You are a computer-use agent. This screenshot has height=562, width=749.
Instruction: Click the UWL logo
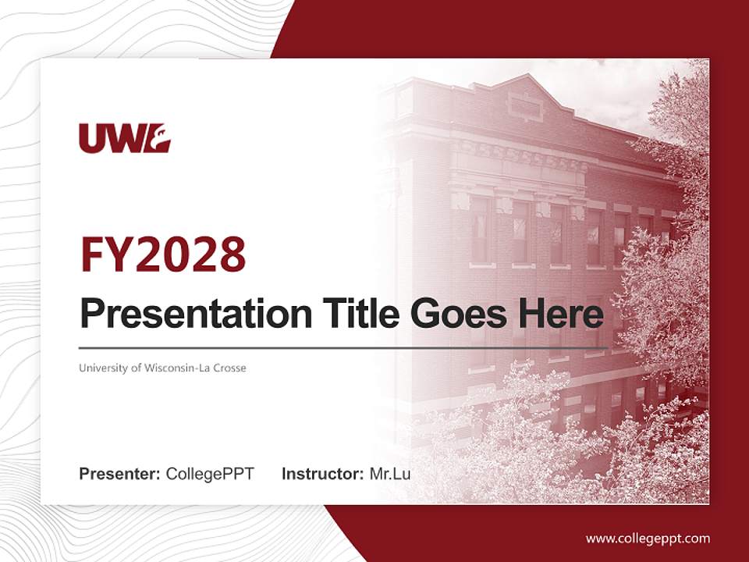click(125, 138)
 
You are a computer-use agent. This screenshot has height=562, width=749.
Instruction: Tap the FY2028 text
click(163, 254)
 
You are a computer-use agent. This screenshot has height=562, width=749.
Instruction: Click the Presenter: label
click(119, 474)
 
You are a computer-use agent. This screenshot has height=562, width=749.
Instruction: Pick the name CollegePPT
click(210, 474)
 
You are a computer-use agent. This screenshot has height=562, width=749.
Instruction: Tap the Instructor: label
click(323, 474)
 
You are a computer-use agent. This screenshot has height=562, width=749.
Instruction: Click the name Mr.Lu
click(390, 474)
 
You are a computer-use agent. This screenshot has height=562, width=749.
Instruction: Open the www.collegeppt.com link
click(648, 539)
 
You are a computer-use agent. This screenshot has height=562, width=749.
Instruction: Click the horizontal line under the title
click(343, 348)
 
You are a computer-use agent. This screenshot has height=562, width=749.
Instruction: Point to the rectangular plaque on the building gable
click(525, 106)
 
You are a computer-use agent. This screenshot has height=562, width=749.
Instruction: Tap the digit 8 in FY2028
click(233, 254)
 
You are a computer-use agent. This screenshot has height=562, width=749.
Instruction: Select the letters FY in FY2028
click(105, 254)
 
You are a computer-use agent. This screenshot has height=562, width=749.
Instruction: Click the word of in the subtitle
click(137, 368)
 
